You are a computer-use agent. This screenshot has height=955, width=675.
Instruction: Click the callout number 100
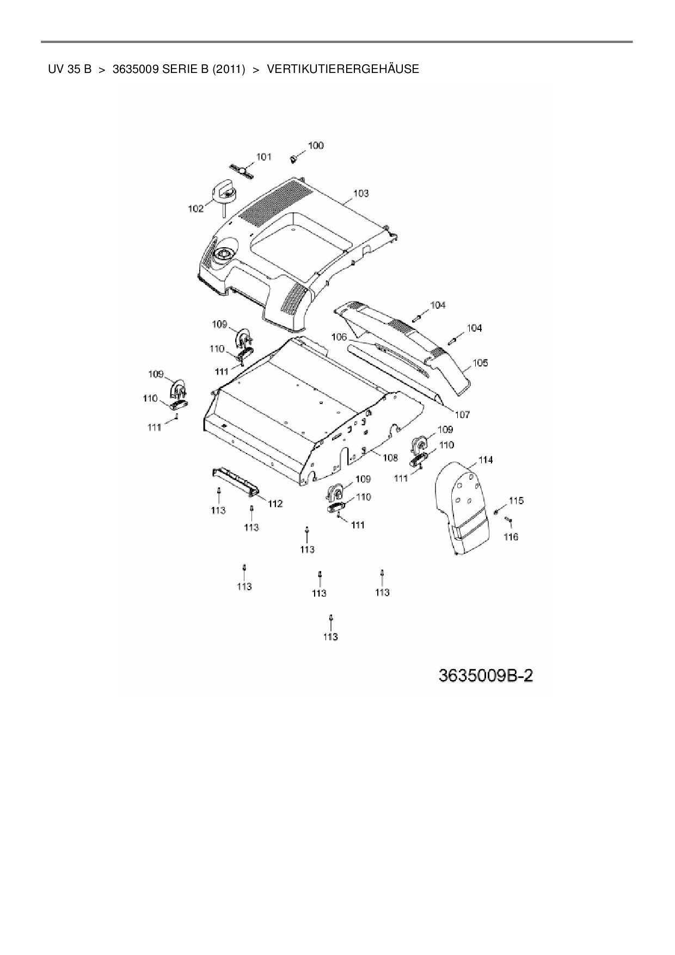coord(316,145)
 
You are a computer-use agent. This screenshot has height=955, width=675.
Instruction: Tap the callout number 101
coord(264,157)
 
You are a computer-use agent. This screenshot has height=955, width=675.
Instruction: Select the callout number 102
coord(196,209)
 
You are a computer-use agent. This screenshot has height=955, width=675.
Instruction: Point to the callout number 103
coord(361,193)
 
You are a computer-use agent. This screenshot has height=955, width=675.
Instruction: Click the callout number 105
coord(480,363)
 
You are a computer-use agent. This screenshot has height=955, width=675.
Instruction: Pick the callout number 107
coord(462,415)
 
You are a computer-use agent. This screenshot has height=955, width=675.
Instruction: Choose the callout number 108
coord(390,458)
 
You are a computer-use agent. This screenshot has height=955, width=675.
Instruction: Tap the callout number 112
coord(275,504)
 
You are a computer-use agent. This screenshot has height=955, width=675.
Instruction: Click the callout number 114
coord(486,460)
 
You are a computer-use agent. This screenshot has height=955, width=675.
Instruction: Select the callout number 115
coord(516,500)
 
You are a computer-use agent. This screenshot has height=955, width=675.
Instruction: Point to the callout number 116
coord(511,537)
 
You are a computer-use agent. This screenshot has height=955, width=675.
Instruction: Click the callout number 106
coord(339,338)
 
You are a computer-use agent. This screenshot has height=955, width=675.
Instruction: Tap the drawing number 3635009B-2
coord(486,676)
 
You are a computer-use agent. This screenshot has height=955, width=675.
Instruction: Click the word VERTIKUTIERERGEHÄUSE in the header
coord(343,69)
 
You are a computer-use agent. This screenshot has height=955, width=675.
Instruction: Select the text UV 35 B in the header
coord(70,69)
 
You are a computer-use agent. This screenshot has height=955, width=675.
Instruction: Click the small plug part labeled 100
coord(293,159)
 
